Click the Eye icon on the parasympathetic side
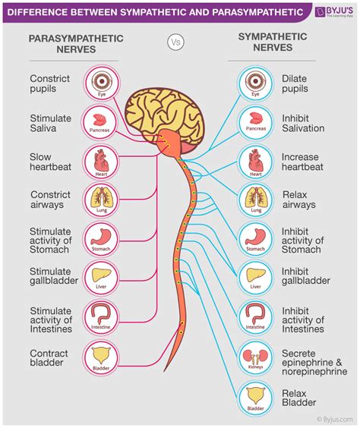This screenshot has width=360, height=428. pyautogui.click(x=101, y=80)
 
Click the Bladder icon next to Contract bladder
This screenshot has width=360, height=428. pyautogui.click(x=101, y=358)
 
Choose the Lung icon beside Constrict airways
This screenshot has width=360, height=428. pyautogui.click(x=101, y=200)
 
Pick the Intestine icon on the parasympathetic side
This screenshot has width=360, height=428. pyautogui.click(x=101, y=318)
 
